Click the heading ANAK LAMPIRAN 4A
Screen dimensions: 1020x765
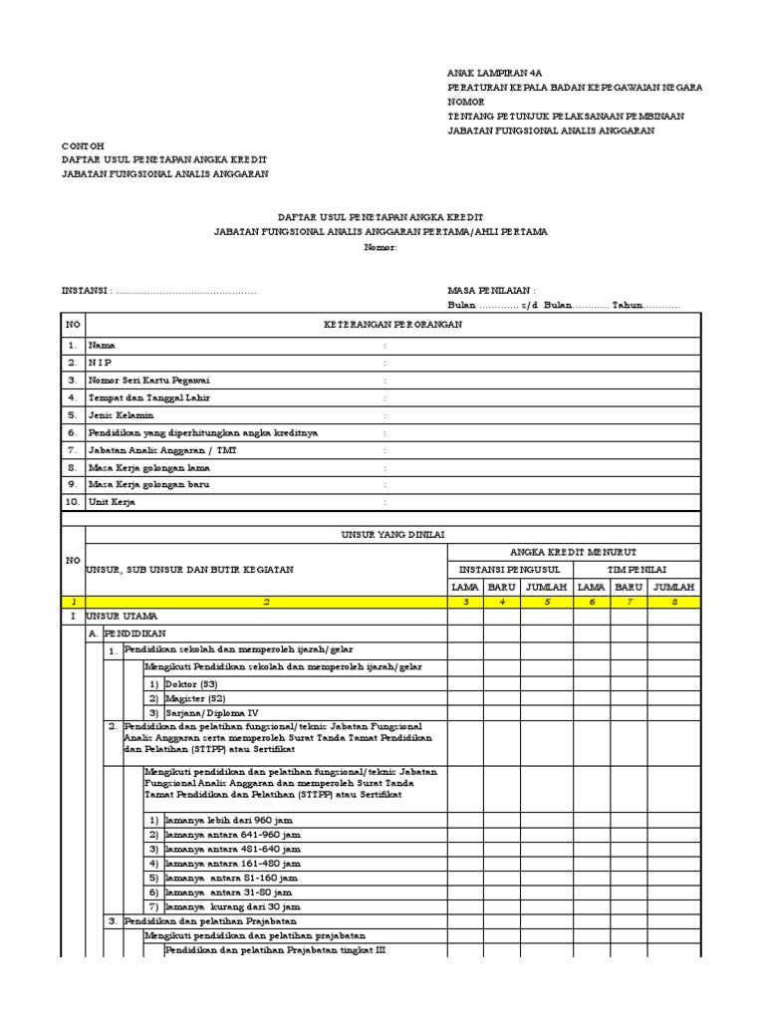click(495, 73)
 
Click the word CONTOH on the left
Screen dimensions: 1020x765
click(83, 145)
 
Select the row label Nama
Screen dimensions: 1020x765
click(102, 345)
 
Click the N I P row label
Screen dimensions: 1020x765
click(101, 363)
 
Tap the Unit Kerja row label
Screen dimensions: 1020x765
click(112, 502)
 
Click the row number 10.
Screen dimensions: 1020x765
click(72, 502)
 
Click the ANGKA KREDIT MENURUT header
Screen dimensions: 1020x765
click(575, 552)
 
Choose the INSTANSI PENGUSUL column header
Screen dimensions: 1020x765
click(510, 569)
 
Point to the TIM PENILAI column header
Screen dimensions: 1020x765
click(638, 569)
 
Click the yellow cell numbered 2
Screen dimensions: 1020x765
click(267, 602)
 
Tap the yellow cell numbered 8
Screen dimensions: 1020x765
click(674, 602)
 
